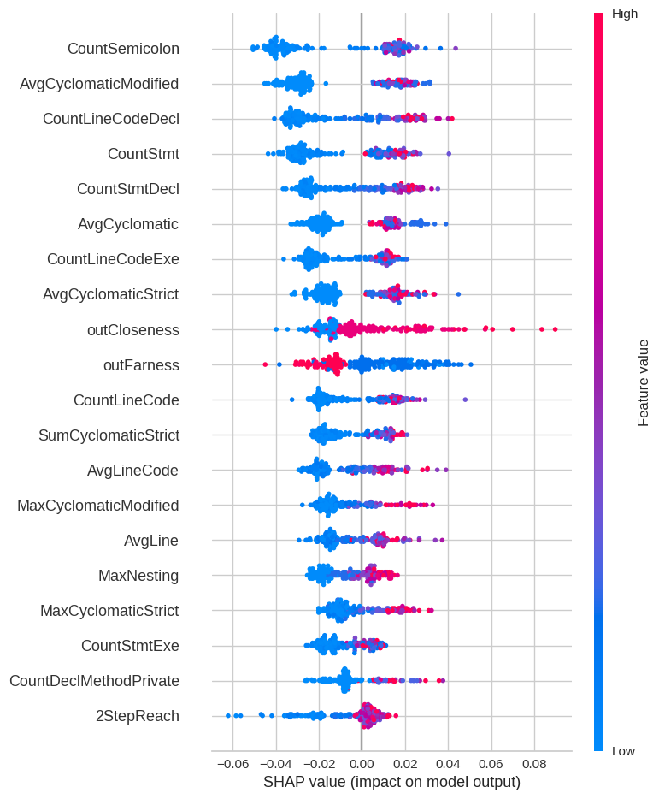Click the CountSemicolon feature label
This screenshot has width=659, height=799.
[x=123, y=49]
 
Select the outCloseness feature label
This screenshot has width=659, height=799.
[x=132, y=329]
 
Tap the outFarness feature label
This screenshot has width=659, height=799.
[x=141, y=365]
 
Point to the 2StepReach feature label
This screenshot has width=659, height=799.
[x=138, y=716]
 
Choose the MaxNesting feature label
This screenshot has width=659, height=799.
[x=138, y=576]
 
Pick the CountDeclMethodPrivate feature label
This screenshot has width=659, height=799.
[x=94, y=681]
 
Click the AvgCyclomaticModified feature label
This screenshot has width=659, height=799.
[x=99, y=84]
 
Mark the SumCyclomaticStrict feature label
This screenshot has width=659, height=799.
[x=109, y=435]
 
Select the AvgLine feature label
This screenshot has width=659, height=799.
[x=151, y=541]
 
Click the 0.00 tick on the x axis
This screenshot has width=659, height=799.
[x=362, y=763]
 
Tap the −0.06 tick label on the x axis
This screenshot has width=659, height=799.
[x=230, y=763]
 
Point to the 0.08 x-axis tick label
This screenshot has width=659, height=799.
[x=534, y=763]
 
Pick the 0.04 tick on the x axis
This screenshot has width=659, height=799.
[x=448, y=763]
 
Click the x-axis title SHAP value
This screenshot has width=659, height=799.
[x=391, y=782]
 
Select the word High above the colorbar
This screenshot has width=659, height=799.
[x=625, y=14]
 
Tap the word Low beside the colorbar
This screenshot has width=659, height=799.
[x=623, y=751]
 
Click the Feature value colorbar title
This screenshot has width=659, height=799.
[x=643, y=382]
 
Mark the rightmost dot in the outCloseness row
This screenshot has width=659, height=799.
[x=555, y=328]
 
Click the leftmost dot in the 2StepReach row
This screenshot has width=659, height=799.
[x=227, y=715]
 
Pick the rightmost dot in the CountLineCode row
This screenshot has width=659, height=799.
[x=465, y=399]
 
